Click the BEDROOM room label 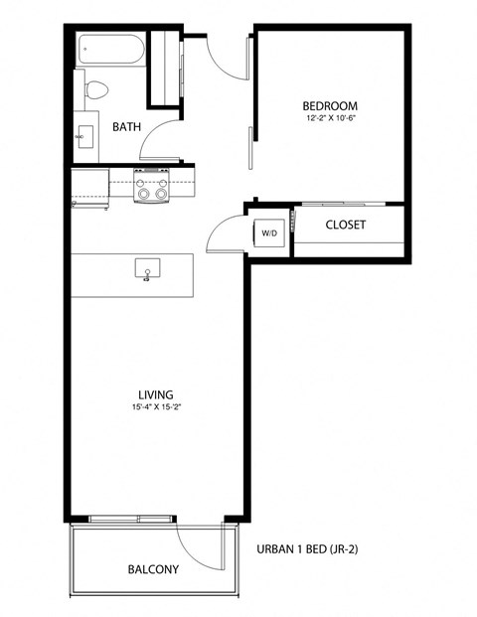coord(329,106)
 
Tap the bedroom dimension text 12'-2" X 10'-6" coord(329,119)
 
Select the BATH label coord(126,127)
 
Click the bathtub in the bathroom coord(111,49)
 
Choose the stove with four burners coord(152,185)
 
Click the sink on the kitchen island coord(147,268)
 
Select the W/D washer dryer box coord(269,233)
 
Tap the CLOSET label coord(345,226)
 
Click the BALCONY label coord(153,569)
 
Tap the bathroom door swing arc coord(157,144)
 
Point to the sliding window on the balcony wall coord(129,518)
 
